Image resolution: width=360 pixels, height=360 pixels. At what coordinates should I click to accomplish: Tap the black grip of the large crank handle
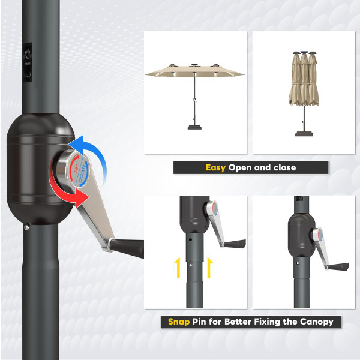pos(127,246)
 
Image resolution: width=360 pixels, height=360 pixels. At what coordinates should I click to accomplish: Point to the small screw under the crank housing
pos(28,227)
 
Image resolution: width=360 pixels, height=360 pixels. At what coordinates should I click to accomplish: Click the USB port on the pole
pos(28,74)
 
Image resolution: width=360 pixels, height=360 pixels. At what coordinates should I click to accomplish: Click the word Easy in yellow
pos(215,167)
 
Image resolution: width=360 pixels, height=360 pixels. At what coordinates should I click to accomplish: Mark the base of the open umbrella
pos(196,126)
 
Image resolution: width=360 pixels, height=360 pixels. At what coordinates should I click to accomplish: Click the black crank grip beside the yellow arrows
pos(236,243)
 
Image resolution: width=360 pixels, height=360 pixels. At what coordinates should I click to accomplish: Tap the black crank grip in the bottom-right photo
pos(340,265)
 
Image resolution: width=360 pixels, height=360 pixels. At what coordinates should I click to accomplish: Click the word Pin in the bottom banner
pos(201,322)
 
